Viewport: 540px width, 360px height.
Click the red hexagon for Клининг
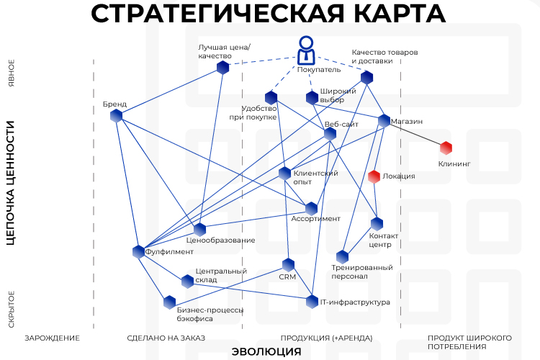446,148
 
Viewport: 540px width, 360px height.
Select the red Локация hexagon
374,176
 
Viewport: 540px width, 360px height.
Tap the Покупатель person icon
306,50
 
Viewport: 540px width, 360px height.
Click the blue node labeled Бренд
117,116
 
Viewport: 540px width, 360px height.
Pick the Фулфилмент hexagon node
138,252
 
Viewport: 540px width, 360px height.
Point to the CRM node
288,265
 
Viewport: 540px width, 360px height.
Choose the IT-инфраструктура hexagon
312,302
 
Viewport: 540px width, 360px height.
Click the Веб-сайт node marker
330,134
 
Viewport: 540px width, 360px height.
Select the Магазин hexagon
384,120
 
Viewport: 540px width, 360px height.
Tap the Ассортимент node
311,209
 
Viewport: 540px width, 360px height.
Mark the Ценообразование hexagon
199,230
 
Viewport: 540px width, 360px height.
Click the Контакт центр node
377,224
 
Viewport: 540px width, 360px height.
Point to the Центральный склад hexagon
188,282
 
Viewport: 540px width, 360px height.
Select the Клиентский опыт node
285,174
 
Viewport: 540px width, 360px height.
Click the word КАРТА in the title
400,13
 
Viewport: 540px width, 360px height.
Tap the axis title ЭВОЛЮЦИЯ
266,352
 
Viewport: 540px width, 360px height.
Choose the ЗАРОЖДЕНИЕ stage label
52,338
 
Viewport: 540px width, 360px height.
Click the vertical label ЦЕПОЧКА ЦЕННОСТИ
11,183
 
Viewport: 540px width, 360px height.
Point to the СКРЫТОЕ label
12,310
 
